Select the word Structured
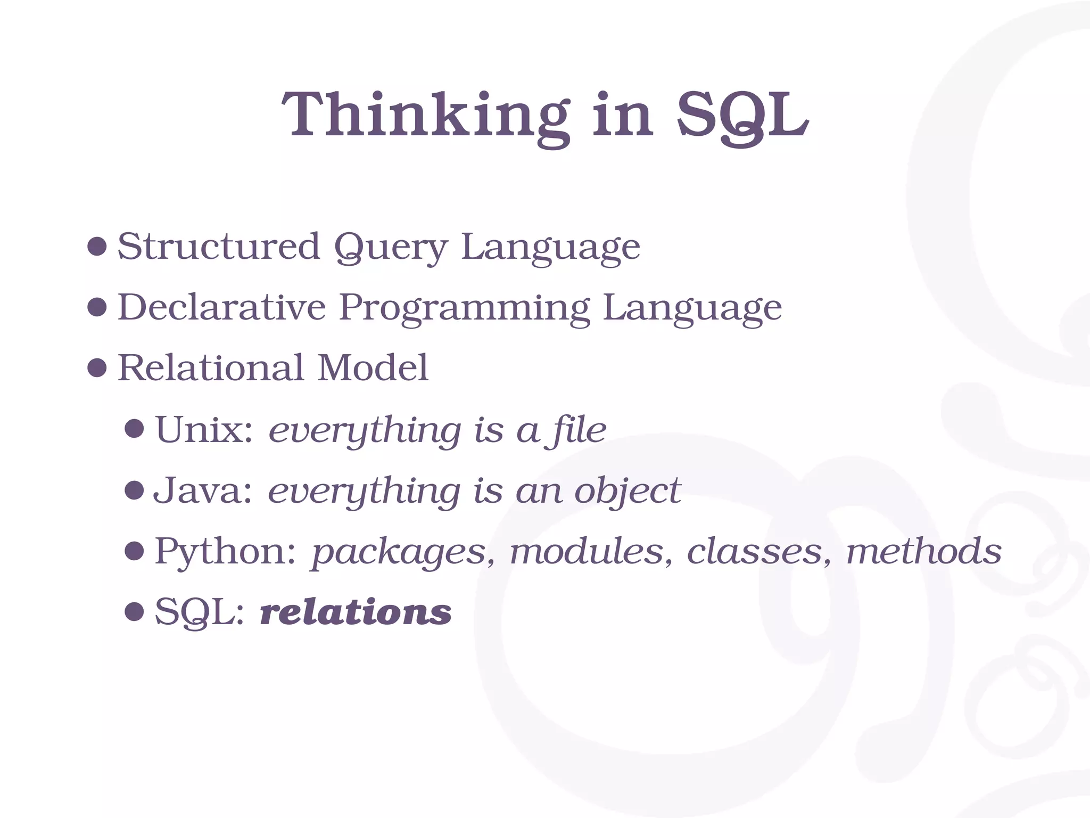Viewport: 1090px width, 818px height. tap(218, 247)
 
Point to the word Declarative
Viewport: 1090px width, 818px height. tap(221, 307)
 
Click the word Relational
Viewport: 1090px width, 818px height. tap(211, 368)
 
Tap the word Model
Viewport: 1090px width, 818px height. tap(373, 368)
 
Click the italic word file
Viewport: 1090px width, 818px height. tap(579, 429)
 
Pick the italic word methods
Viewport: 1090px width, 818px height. tap(924, 551)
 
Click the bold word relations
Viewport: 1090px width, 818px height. tap(356, 612)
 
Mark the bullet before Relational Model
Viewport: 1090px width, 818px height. tap(97, 368)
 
